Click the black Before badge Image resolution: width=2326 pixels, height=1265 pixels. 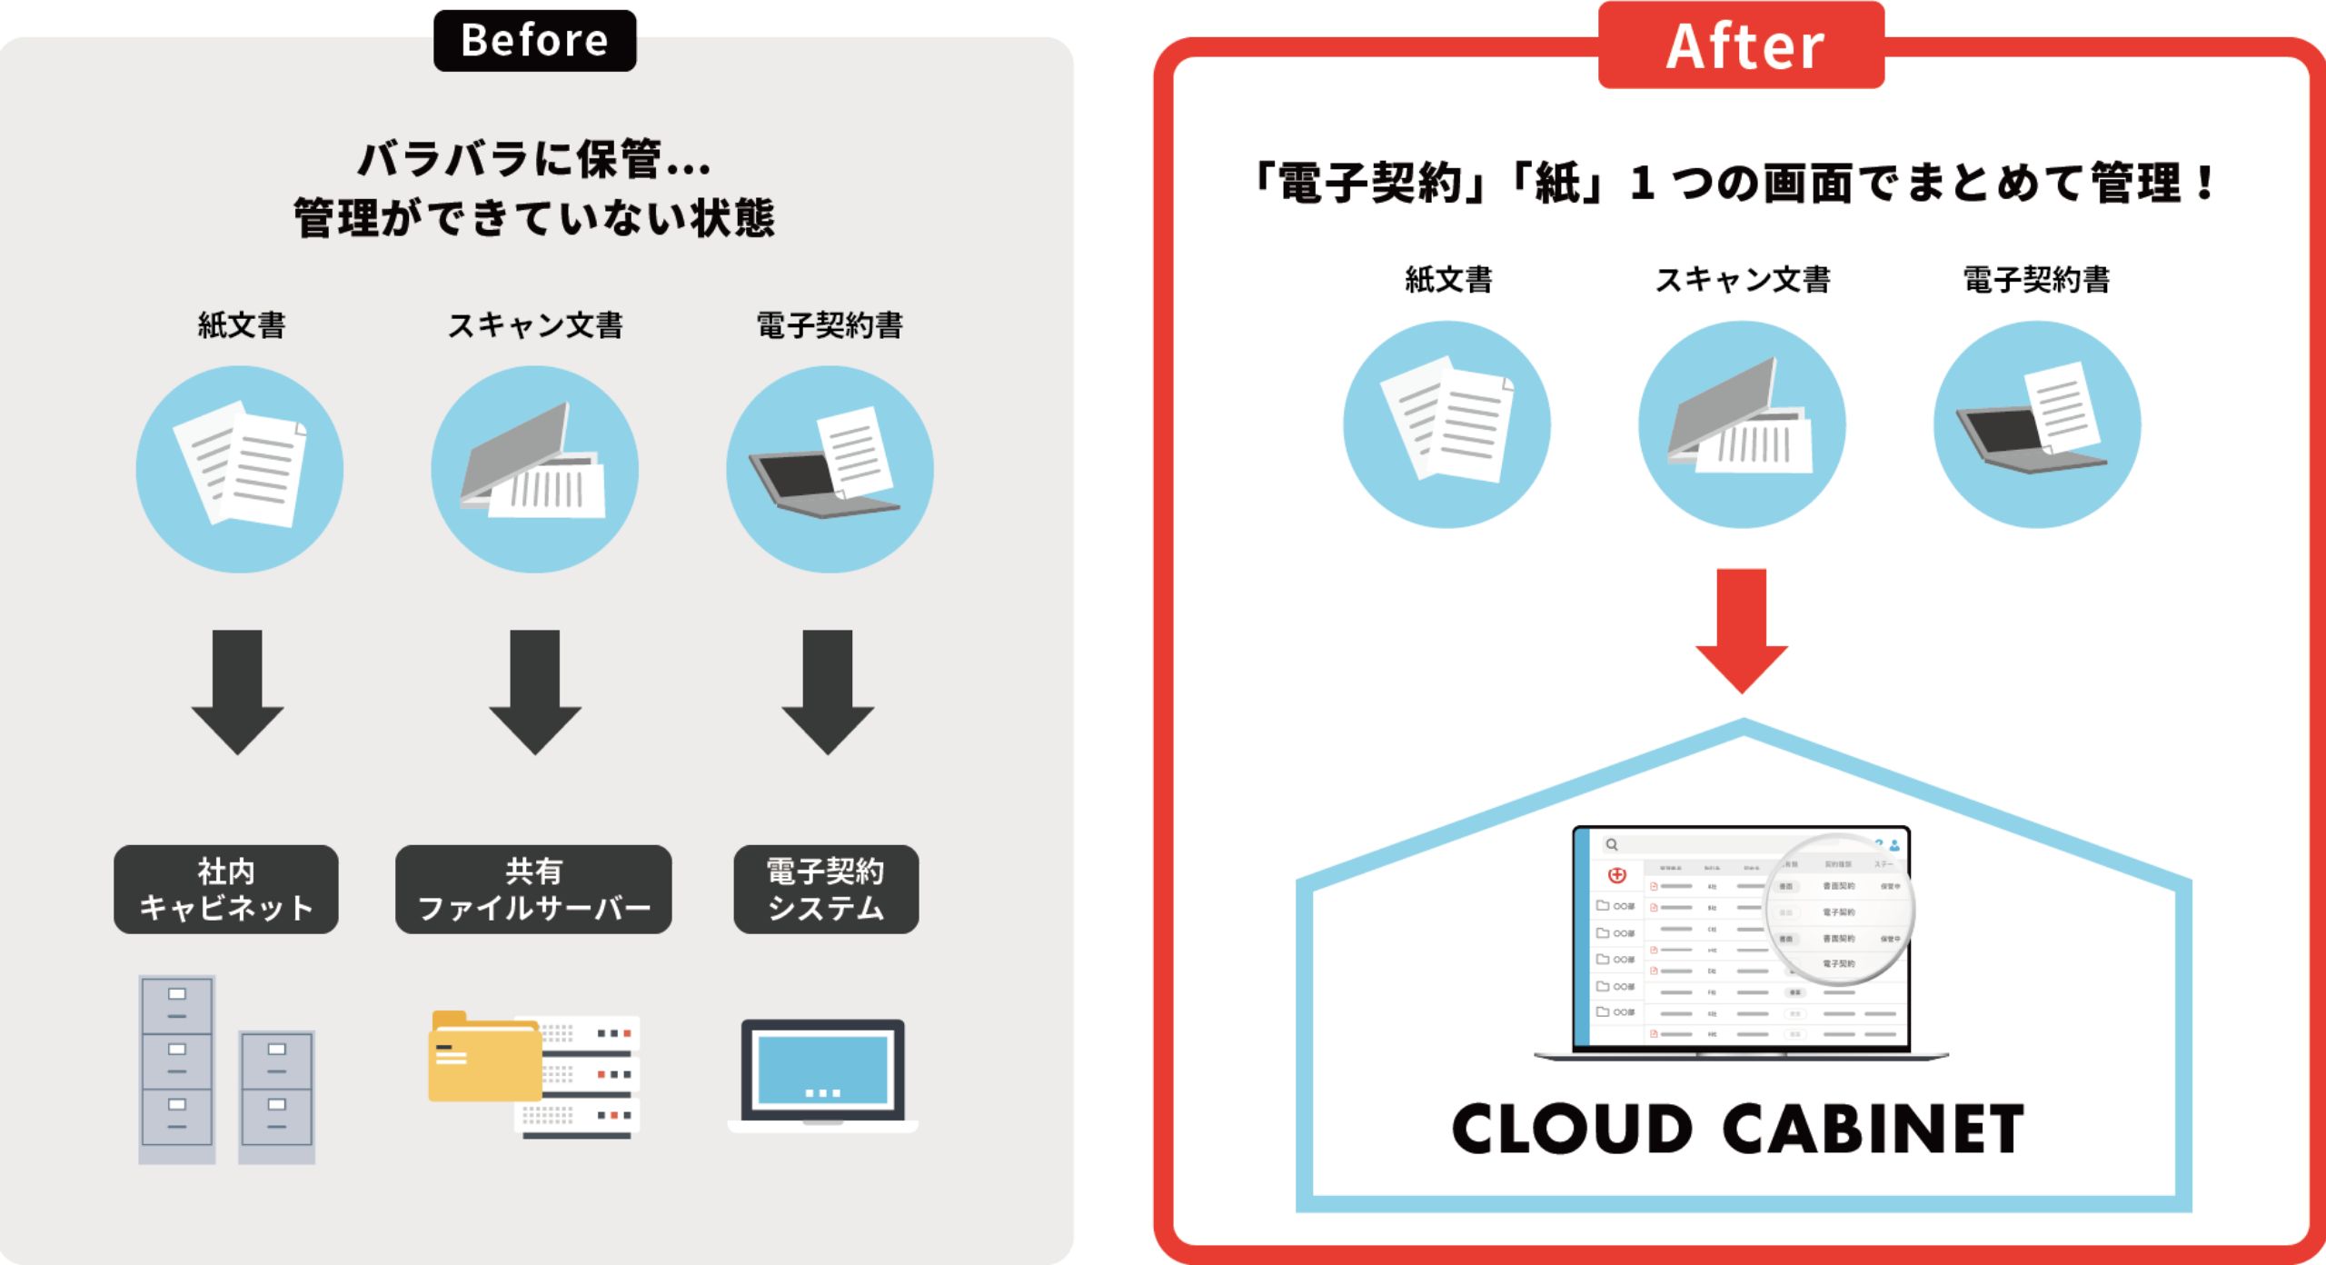pyautogui.click(x=534, y=41)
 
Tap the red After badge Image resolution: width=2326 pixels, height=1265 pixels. pyautogui.click(x=1741, y=45)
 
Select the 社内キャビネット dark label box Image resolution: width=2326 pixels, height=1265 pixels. pyautogui.click(x=225, y=889)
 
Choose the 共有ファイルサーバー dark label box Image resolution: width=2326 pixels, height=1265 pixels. pyautogui.click(x=533, y=889)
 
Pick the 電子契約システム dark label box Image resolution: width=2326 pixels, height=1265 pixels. pyautogui.click(x=826, y=889)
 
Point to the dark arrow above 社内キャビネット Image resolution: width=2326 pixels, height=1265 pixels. pyautogui.click(x=237, y=691)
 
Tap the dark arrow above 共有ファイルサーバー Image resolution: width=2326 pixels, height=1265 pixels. pyautogui.click(x=534, y=691)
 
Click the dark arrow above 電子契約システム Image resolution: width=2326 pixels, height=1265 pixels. pyautogui.click(x=827, y=691)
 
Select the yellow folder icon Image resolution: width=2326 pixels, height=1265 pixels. pyautogui.click(x=484, y=1058)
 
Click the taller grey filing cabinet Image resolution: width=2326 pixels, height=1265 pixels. pyautogui.click(x=177, y=1069)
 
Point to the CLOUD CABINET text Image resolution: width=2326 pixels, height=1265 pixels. pyautogui.click(x=1737, y=1129)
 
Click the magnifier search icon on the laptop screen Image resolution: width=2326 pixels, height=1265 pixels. pyautogui.click(x=1612, y=844)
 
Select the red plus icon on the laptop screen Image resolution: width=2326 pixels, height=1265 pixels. pyautogui.click(x=1617, y=875)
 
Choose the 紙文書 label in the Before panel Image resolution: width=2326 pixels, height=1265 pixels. pyautogui.click(x=242, y=324)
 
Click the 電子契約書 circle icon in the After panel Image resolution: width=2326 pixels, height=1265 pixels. pyautogui.click(x=2036, y=424)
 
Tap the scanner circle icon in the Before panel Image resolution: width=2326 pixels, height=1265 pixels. pyautogui.click(x=534, y=469)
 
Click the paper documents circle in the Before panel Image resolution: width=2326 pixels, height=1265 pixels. pyautogui.click(x=240, y=469)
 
